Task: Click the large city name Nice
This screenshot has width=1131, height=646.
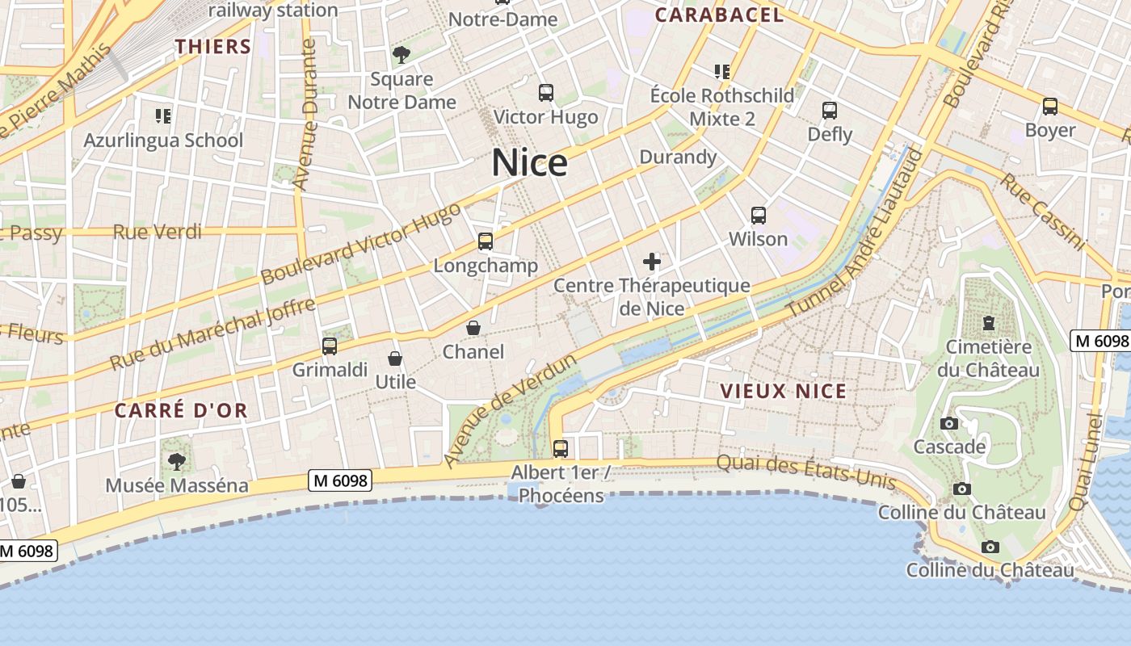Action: pyautogui.click(x=529, y=163)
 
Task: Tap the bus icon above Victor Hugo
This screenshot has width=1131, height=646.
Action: pyautogui.click(x=546, y=93)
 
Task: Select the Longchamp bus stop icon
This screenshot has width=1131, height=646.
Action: pyautogui.click(x=485, y=241)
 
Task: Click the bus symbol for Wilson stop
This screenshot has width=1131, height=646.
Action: pyautogui.click(x=758, y=216)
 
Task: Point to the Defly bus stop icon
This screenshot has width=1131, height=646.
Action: pyautogui.click(x=829, y=111)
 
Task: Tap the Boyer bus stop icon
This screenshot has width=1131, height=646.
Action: pyautogui.click(x=1049, y=107)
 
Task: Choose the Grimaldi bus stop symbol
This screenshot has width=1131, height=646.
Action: pyautogui.click(x=329, y=346)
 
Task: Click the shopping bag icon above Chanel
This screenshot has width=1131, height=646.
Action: pyautogui.click(x=473, y=328)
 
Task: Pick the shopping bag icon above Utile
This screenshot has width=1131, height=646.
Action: pyautogui.click(x=395, y=359)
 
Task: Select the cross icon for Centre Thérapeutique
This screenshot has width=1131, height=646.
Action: pyautogui.click(x=651, y=262)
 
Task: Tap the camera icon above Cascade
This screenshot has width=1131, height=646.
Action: pyautogui.click(x=949, y=423)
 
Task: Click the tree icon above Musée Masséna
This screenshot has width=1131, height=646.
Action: pyautogui.click(x=176, y=462)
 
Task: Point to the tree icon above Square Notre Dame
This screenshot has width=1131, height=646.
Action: pyautogui.click(x=401, y=55)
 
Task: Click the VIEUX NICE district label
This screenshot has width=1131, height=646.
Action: pyautogui.click(x=784, y=392)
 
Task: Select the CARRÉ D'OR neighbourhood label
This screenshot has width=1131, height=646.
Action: pyautogui.click(x=181, y=410)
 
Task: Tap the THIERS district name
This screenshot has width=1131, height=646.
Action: pyautogui.click(x=213, y=47)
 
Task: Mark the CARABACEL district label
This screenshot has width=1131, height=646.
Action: pyautogui.click(x=719, y=15)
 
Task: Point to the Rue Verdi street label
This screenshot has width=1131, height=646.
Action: pyautogui.click(x=157, y=233)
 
